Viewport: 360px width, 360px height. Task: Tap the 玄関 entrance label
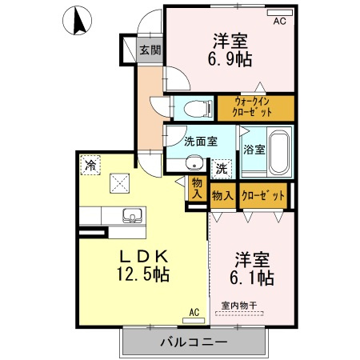150,50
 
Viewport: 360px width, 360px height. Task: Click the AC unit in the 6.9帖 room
279,22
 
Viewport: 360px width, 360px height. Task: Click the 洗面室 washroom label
200,142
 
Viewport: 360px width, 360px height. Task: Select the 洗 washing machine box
221,169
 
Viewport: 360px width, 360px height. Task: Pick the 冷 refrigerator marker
90,166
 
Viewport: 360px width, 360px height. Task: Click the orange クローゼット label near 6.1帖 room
262,195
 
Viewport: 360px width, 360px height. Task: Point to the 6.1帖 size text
254,278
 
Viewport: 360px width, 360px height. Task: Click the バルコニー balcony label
193,343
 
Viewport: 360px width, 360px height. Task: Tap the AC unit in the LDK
193,314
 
